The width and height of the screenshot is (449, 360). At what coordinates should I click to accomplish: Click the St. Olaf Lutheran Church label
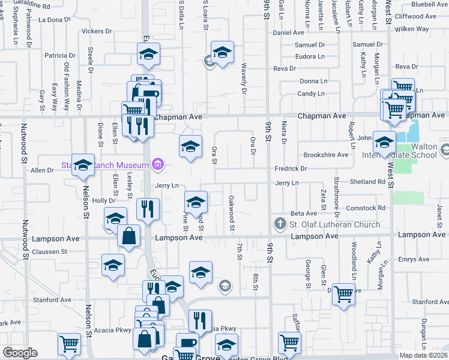(335, 224)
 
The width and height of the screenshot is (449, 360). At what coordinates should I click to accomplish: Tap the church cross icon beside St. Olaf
(280, 224)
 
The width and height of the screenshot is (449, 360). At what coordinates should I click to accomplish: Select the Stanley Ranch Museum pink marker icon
(158, 164)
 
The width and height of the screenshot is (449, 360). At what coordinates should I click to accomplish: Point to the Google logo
(20, 353)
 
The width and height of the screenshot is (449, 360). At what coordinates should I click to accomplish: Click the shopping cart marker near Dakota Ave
(343, 294)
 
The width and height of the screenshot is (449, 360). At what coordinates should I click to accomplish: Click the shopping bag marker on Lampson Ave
(128, 235)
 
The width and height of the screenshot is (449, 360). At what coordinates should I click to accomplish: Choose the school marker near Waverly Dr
(221, 52)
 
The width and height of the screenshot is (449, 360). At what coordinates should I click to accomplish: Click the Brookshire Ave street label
(326, 154)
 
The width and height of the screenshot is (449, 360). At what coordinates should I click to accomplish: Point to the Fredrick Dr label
(291, 169)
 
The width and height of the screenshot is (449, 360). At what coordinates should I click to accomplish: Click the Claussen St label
(49, 251)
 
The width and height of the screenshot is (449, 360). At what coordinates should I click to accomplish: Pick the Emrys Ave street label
(416, 259)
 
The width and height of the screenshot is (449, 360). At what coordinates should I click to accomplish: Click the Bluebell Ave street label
(430, 4)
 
